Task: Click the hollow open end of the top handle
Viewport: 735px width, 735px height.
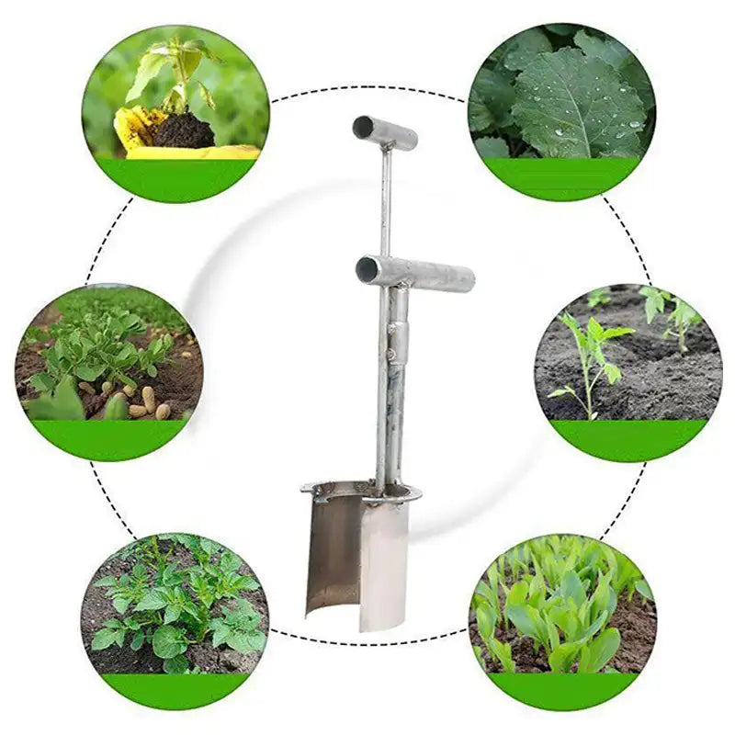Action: pos(363,127)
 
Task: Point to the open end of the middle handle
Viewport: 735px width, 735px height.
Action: pos(367,269)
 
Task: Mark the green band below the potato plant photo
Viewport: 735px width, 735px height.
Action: pos(175,690)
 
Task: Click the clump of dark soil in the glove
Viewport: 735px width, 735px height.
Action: pos(184,131)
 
